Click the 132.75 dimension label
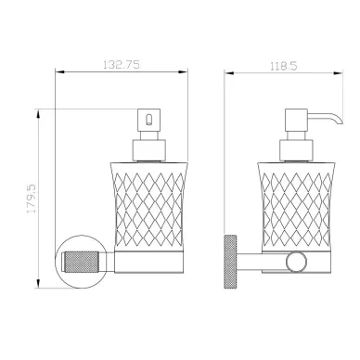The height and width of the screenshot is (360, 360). pos(122,65)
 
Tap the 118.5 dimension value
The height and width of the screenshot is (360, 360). pos(284,66)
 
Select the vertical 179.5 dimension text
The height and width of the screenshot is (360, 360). pos(32,199)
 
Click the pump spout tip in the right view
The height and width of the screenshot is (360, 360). pos(341,122)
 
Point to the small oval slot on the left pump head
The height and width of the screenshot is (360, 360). pos(148,120)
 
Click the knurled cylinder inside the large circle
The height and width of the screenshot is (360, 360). pos(82,262)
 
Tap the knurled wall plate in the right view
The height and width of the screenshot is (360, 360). pos(230,262)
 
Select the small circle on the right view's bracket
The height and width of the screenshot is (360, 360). pos(296,262)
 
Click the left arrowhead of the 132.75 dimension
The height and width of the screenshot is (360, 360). pos(59,72)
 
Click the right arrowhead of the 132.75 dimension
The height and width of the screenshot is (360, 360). pos(184,72)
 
